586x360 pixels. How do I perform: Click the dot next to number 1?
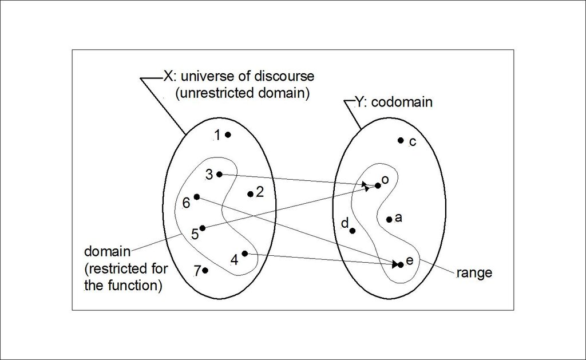point(228,135)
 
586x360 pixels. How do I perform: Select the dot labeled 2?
point(250,194)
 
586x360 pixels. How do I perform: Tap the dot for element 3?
point(219,174)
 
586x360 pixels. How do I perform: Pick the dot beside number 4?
point(245,253)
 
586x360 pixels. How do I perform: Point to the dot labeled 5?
point(202,228)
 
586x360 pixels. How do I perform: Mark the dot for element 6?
point(197,196)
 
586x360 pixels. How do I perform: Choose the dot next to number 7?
point(205,270)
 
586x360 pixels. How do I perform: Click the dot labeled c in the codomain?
point(401,140)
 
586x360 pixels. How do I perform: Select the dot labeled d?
point(353,231)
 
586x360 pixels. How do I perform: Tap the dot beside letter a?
point(389,219)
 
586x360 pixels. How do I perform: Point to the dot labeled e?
point(401,264)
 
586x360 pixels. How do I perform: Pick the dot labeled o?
point(378,185)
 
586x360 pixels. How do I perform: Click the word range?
point(474,273)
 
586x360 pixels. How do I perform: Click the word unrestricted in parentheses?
point(215,93)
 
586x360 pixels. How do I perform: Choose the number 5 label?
point(195,234)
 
